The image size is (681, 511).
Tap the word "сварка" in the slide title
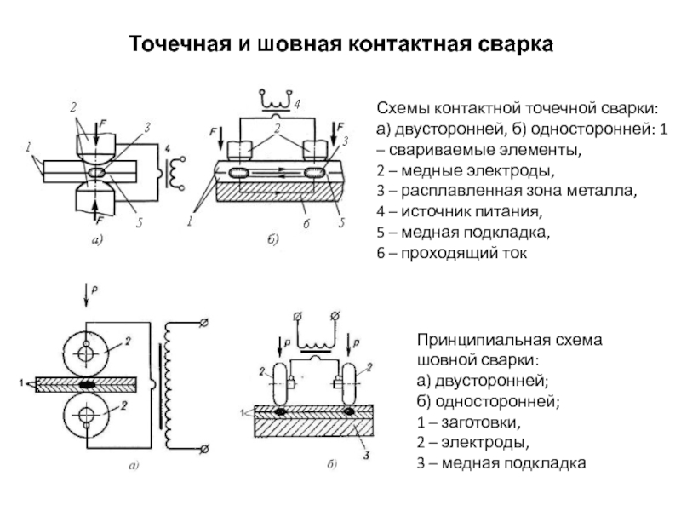click(x=509, y=43)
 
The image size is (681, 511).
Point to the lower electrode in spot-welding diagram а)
click(x=94, y=198)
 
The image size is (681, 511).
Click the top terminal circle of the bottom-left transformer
click(x=204, y=324)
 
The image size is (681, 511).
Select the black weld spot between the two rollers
click(x=87, y=384)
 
